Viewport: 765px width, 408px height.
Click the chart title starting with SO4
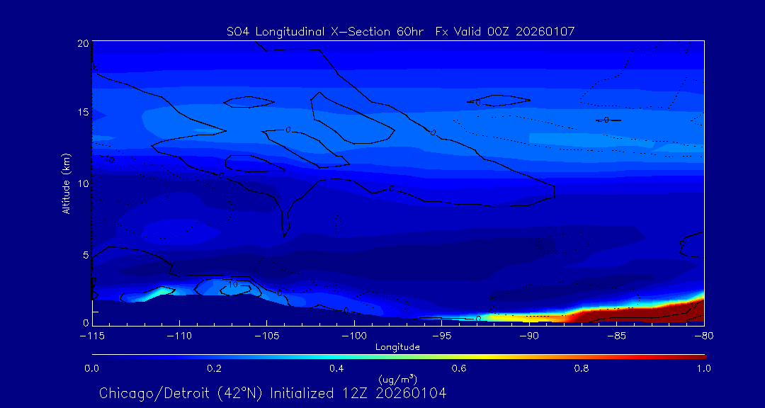tap(400, 31)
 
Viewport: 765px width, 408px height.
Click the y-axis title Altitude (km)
tap(67, 183)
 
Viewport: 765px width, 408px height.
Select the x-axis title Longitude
tap(397, 347)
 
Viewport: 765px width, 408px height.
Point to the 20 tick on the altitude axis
tap(82, 43)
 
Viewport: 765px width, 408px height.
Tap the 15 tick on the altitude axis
tap(82, 113)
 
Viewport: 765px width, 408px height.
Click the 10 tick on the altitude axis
tap(82, 183)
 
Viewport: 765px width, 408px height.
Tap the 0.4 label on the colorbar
tap(336, 368)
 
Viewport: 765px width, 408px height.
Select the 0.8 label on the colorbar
tap(582, 368)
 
